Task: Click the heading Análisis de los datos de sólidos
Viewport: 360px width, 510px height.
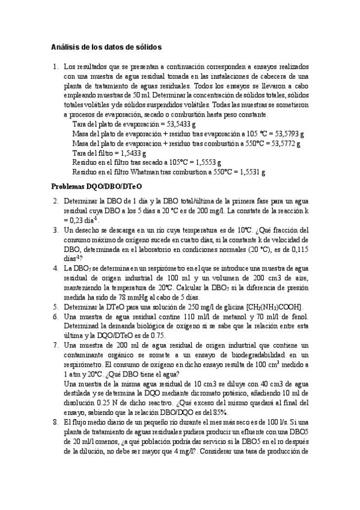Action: [105, 46]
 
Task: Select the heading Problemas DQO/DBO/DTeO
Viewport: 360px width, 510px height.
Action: [96, 187]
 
